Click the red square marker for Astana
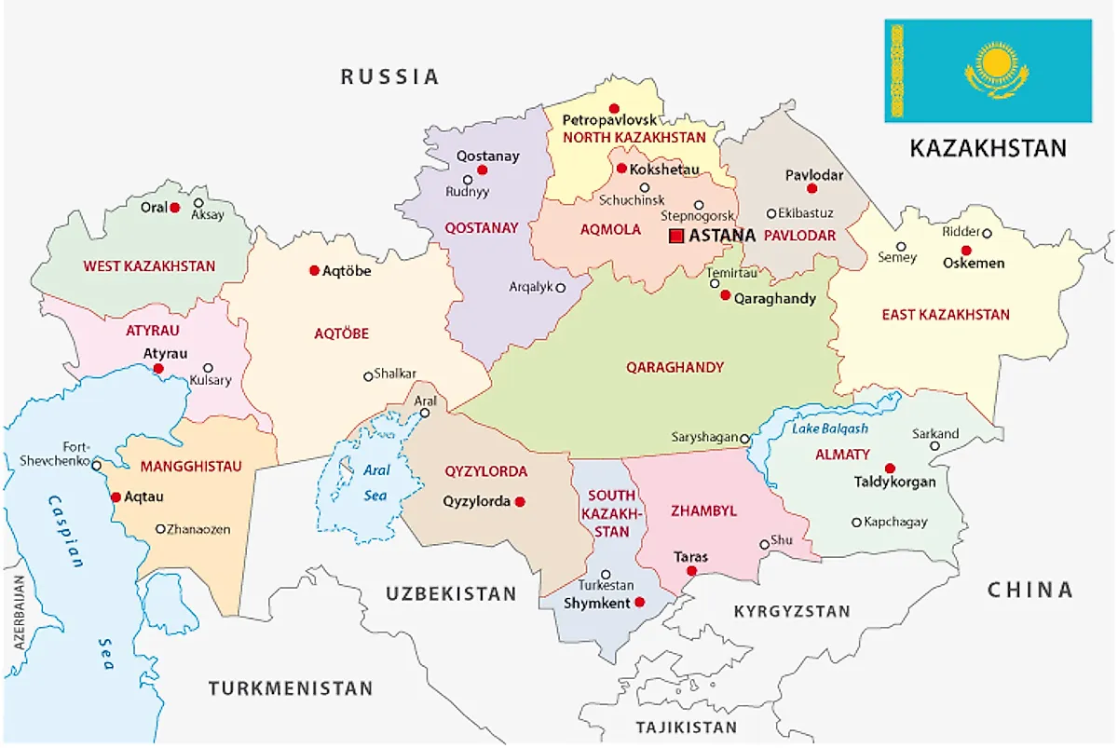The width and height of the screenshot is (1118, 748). tap(676, 236)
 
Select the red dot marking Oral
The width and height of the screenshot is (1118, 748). tap(174, 208)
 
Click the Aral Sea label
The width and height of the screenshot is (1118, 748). tap(375, 483)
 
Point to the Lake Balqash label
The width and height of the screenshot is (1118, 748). tap(829, 428)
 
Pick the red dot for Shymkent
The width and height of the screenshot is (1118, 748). tap(639, 603)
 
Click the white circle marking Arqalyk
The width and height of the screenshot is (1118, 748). tap(560, 288)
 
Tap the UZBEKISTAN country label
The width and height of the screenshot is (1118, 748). tap(451, 593)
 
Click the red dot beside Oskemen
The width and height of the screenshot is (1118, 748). tap(966, 250)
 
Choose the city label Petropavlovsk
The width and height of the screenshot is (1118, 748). tap(610, 121)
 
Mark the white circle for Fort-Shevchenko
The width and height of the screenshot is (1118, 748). tap(96, 465)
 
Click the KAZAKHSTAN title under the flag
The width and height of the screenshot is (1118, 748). tap(988, 148)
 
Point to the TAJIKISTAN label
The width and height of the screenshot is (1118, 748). tap(686, 727)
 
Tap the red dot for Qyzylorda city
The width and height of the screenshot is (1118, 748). tap(520, 501)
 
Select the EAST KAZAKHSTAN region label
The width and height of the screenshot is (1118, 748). tap(946, 315)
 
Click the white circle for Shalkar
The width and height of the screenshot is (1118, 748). tap(368, 376)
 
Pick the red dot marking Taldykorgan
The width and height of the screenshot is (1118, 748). tap(890, 468)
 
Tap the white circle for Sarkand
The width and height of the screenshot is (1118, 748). tap(934, 446)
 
